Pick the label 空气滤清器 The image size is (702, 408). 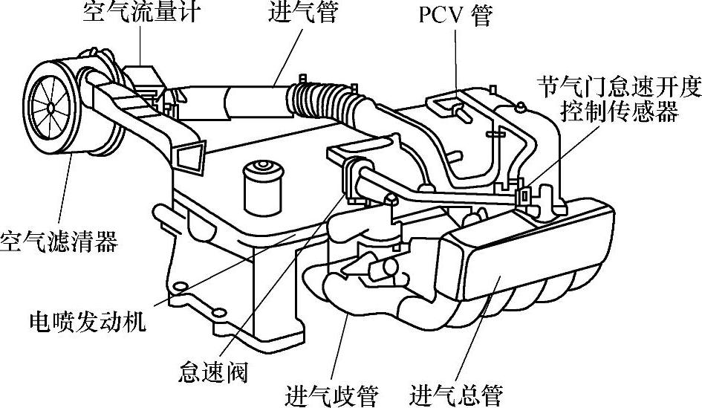click(x=59, y=242)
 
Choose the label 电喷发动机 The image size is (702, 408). click(x=88, y=321)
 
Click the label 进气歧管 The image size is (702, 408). click(x=331, y=392)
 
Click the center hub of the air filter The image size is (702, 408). click(x=50, y=108)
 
